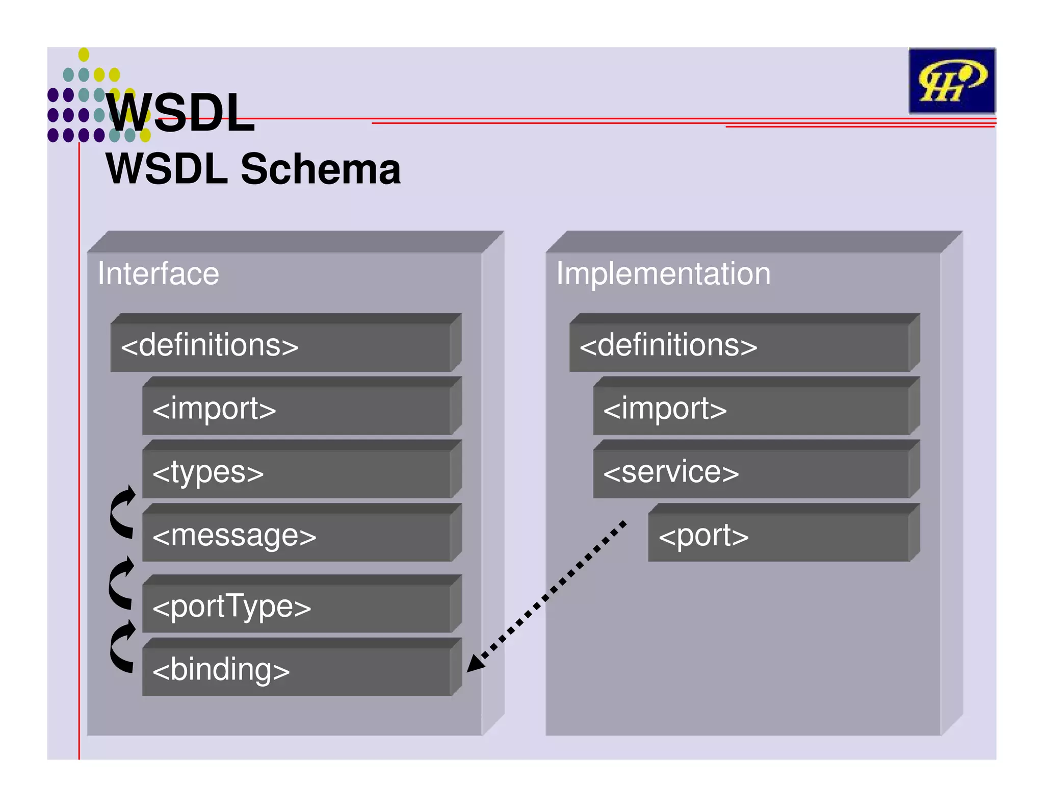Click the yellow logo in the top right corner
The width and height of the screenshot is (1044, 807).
point(951,81)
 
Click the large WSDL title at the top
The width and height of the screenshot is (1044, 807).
point(181,113)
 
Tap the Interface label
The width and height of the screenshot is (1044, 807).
point(158,273)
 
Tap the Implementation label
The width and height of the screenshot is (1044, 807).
point(663,273)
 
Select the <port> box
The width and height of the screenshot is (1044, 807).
point(780,536)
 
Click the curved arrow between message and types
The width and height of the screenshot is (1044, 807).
point(122,513)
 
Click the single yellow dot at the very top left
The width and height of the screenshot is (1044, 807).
point(84,55)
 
